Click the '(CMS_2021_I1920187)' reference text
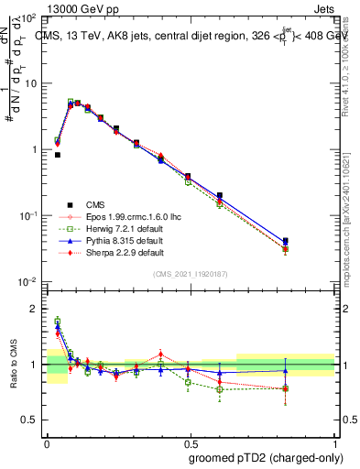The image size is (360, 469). [x=190, y=273]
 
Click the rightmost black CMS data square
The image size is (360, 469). [x=311, y=241]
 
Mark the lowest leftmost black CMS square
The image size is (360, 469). [x=58, y=155]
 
